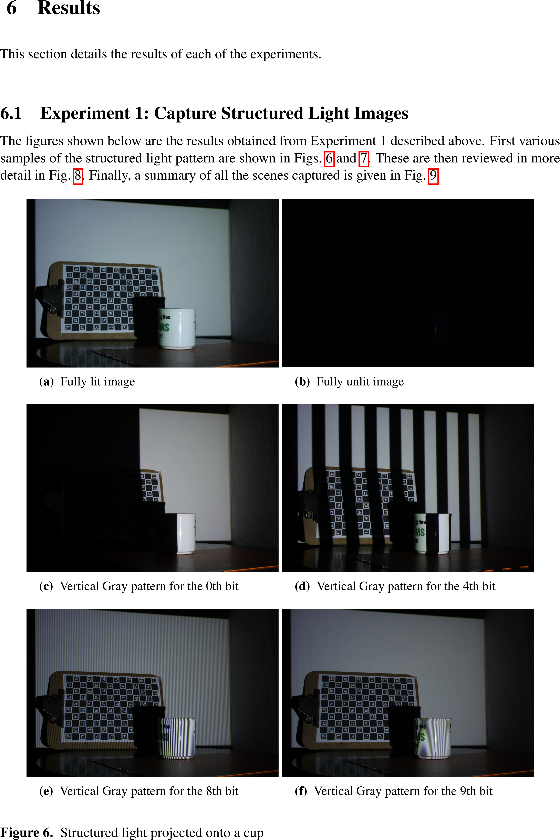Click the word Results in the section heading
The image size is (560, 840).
69,8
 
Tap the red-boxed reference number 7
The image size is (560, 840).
364,158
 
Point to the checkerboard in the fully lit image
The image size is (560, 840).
111,298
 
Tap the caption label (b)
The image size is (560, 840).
302,382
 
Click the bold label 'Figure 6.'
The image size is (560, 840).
27,832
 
